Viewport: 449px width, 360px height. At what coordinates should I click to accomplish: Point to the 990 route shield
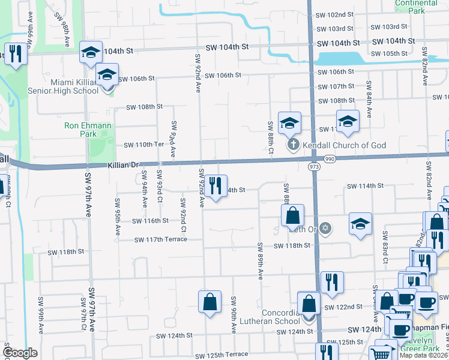(x=329, y=159)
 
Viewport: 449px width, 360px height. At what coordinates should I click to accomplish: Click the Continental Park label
(x=417, y=7)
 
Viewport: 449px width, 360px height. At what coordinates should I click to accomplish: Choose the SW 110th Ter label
(x=143, y=145)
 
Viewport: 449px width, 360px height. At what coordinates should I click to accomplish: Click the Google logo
(x=20, y=353)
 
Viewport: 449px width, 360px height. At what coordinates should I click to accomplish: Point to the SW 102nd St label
(x=334, y=14)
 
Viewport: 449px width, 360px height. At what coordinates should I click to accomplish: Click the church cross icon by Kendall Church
(x=293, y=145)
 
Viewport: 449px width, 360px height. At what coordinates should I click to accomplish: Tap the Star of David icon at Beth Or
(x=325, y=228)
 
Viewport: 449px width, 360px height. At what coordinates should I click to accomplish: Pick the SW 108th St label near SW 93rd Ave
(x=144, y=107)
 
